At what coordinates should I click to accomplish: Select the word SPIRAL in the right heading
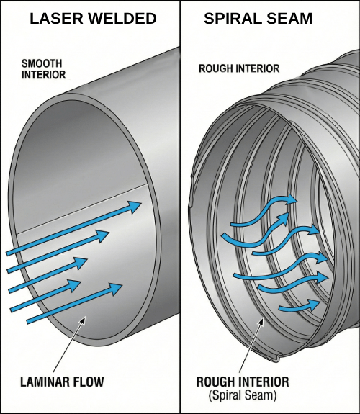[232, 19]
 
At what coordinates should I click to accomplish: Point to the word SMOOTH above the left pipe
[41, 63]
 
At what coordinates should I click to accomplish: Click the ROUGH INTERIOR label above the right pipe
[238, 68]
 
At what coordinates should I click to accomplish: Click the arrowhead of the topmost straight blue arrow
[134, 207]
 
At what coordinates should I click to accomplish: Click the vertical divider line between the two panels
[179, 216]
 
